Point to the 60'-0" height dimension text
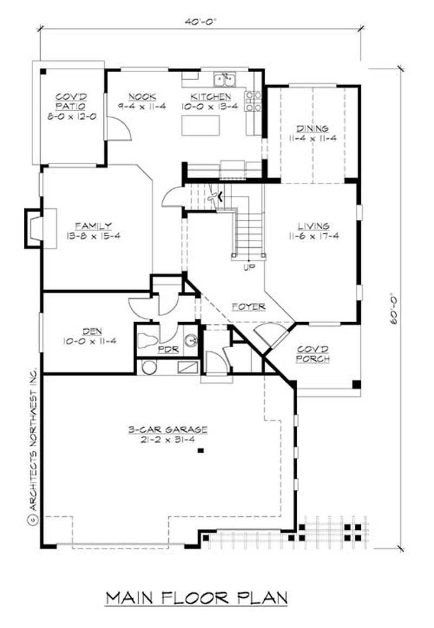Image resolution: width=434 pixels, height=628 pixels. point(394,309)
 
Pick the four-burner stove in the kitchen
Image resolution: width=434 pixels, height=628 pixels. point(253,101)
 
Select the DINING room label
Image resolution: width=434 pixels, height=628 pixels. point(312,129)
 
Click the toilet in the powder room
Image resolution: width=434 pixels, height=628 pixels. point(147,340)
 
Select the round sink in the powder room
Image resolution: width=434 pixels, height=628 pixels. point(190,340)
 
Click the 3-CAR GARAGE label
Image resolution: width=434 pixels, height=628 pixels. point(168,430)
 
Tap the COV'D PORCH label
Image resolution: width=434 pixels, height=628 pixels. point(313,354)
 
